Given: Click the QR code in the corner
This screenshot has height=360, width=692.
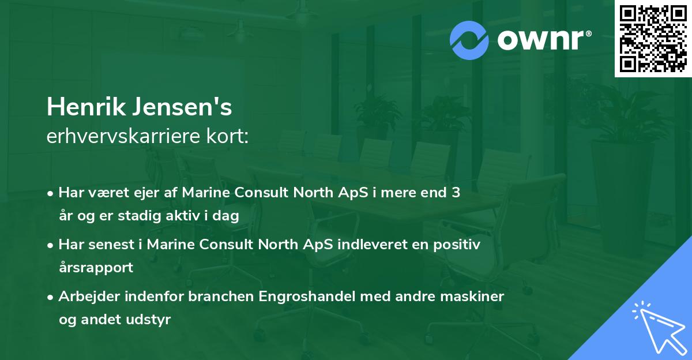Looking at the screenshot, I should [x=653, y=39].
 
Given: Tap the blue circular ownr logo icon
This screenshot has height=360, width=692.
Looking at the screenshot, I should [x=470, y=40].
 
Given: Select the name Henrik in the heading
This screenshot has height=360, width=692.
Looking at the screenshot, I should [x=82, y=107].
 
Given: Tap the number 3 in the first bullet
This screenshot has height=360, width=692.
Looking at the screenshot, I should [x=456, y=193].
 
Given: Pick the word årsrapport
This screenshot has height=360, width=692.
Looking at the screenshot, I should [x=96, y=267].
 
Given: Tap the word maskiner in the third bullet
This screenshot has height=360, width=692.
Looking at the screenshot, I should [x=476, y=297].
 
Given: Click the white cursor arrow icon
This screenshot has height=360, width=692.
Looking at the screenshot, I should [x=657, y=325].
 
